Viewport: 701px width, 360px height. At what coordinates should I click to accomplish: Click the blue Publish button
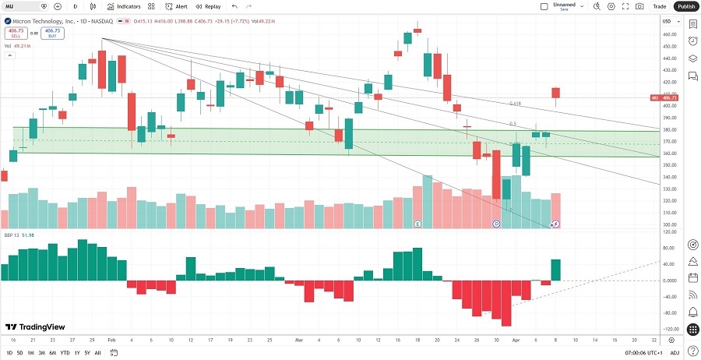coord(685,6)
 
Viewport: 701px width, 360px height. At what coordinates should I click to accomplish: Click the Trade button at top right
coord(659,6)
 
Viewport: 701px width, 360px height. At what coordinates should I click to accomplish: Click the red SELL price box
coord(14,34)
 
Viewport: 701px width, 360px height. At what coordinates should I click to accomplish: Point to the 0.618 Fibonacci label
coord(515,104)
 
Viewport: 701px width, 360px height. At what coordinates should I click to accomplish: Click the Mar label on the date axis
coord(298,341)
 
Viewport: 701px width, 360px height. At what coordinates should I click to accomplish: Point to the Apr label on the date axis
coord(516,341)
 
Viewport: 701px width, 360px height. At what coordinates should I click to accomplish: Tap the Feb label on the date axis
coord(111,341)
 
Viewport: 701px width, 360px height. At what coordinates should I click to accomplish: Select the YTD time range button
coord(65,353)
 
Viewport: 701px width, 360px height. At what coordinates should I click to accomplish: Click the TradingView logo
coord(35,327)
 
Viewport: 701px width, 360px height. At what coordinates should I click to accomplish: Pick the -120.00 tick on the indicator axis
coord(668,329)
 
